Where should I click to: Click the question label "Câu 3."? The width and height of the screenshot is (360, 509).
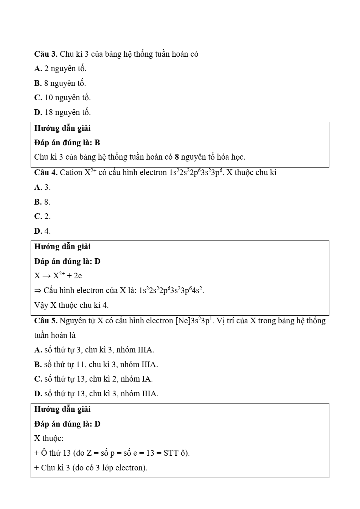pyautogui.click(x=45, y=54)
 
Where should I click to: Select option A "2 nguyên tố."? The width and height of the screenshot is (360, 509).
pyautogui.click(x=61, y=68)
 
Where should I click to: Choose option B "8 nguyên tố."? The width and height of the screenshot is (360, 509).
pyautogui.click(x=60, y=83)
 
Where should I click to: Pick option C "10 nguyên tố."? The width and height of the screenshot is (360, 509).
pyautogui.click(x=62, y=98)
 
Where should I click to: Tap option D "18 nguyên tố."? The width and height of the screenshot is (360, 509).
pyautogui.click(x=62, y=112)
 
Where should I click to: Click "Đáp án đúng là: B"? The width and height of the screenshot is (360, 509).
pyautogui.click(x=67, y=143)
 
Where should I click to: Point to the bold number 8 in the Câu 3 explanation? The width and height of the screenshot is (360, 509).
pyautogui.click(x=177, y=157)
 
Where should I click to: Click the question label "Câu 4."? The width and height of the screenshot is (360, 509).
pyautogui.click(x=45, y=172)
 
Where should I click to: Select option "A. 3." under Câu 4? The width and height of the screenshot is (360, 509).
pyautogui.click(x=42, y=187)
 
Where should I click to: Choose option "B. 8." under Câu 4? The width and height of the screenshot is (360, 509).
pyautogui.click(x=42, y=202)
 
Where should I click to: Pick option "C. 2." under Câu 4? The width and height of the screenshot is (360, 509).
pyautogui.click(x=42, y=216)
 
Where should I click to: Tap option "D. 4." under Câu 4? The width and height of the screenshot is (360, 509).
pyautogui.click(x=42, y=231)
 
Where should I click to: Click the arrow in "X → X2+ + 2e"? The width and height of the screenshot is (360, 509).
pyautogui.click(x=47, y=276)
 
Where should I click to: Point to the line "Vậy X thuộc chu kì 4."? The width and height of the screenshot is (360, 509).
pyautogui.click(x=71, y=305)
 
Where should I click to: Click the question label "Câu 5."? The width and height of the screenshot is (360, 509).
pyautogui.click(x=45, y=321)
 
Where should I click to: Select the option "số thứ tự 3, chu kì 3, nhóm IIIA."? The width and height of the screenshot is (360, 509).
pyautogui.click(x=94, y=350)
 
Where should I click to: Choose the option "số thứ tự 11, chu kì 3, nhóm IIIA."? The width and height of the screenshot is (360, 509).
pyautogui.click(x=96, y=365)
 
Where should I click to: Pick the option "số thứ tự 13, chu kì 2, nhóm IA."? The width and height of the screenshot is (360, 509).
pyautogui.click(x=93, y=379)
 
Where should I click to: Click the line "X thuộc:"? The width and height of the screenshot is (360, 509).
pyautogui.click(x=49, y=438)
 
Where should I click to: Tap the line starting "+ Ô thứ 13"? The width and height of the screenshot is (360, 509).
pyautogui.click(x=112, y=453)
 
